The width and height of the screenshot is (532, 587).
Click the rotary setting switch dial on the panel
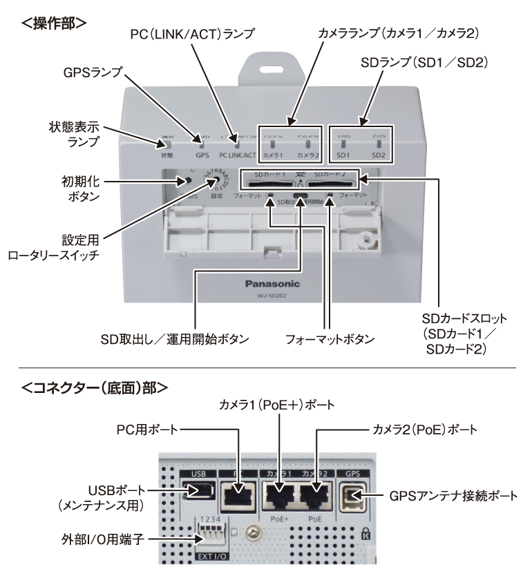pos(213,181)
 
